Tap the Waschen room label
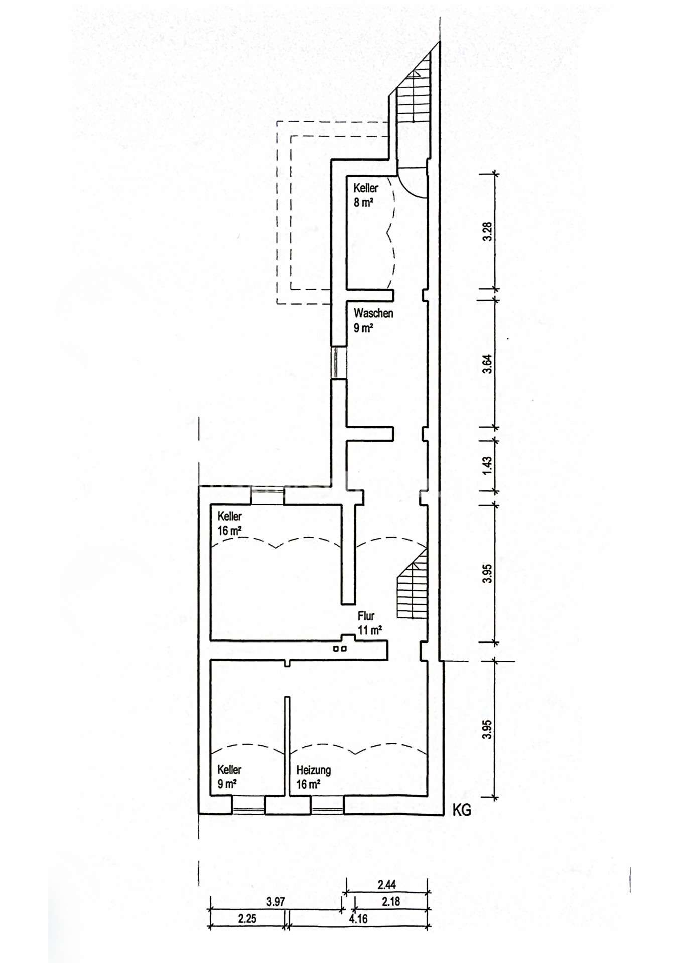coord(373,314)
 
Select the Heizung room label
coord(314,770)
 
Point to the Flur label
coord(366,616)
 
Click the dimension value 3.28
coord(487,231)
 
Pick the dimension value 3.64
coord(487,364)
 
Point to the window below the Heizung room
coord(327,806)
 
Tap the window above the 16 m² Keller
coord(267,495)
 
